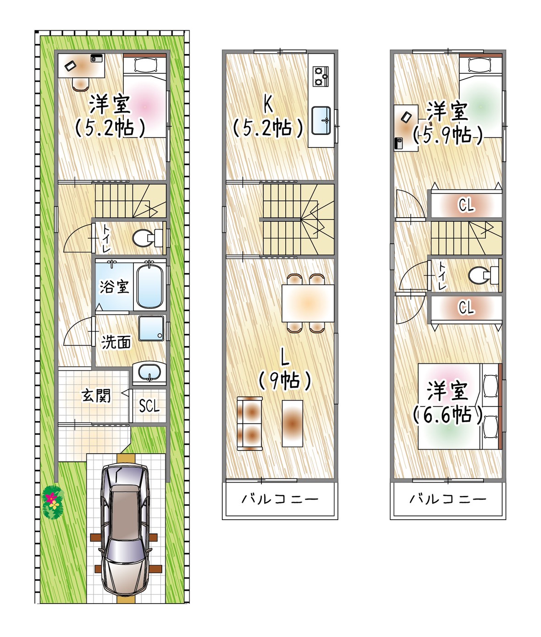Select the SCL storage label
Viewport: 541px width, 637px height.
point(149,406)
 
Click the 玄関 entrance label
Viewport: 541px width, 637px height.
point(96,395)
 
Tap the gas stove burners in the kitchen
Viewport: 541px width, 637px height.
point(320,77)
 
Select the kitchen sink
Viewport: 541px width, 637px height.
point(321,121)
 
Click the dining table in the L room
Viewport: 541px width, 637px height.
point(308,303)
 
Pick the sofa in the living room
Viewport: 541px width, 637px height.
point(249,423)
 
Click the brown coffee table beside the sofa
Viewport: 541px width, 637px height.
point(292,423)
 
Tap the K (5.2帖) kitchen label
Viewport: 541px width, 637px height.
point(268,118)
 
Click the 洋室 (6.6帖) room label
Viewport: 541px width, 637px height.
point(447,402)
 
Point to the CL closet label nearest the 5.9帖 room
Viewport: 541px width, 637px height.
point(466,205)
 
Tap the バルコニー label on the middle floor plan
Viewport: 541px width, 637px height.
point(280,499)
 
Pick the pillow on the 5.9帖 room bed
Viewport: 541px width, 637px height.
point(481,65)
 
